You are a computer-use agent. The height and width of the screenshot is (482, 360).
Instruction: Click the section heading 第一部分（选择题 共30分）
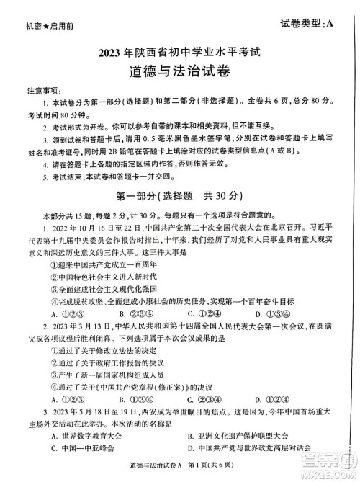tap(180, 195)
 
